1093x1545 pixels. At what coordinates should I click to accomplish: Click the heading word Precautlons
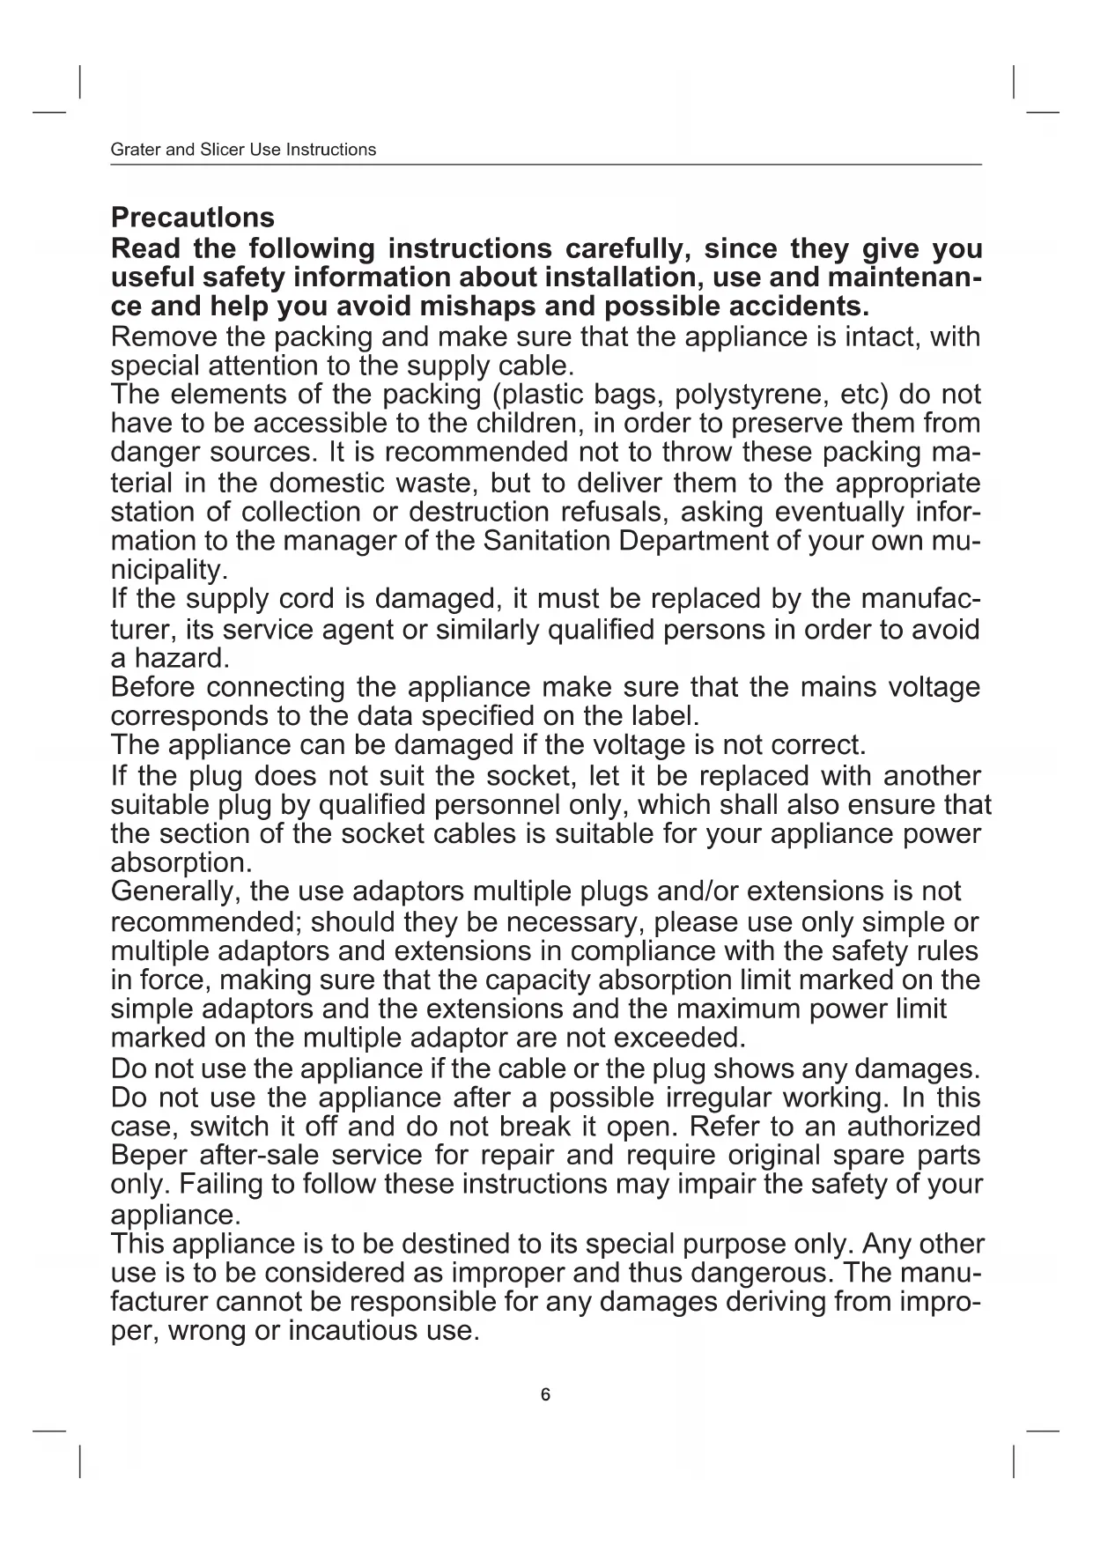(x=192, y=218)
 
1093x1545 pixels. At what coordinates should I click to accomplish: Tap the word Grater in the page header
(x=136, y=150)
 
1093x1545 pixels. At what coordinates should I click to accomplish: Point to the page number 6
(x=545, y=1394)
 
